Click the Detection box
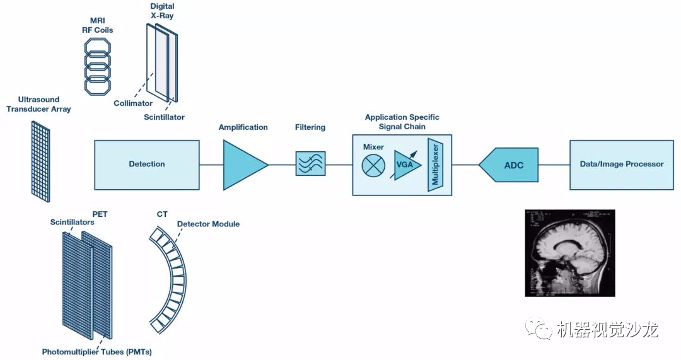point(146,165)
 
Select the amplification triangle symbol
point(242,165)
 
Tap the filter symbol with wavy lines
point(310,163)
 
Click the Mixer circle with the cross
point(373,165)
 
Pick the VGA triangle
point(406,165)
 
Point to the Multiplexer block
point(435,165)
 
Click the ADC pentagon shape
point(510,165)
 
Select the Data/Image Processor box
point(621,165)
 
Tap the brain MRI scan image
point(569,253)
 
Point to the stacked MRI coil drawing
point(98,66)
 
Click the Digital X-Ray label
point(162,11)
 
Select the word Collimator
point(133,103)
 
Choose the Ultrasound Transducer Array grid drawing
point(40,161)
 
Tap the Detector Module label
point(208,224)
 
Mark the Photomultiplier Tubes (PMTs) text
point(96,351)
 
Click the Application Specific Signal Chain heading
point(402,122)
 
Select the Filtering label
point(310,127)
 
